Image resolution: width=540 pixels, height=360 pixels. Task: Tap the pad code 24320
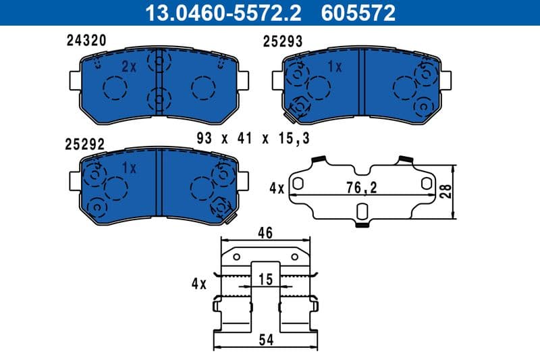(86, 41)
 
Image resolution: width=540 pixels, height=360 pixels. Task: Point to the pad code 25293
(282, 42)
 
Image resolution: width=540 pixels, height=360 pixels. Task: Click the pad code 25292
(85, 144)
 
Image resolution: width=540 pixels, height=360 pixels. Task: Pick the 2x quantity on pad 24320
(129, 66)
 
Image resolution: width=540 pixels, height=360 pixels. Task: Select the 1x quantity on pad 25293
(334, 66)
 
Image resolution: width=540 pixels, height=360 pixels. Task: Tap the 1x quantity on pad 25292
(129, 168)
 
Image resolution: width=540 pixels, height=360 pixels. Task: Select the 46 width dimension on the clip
(265, 234)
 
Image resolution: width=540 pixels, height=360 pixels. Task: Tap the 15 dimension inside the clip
(267, 278)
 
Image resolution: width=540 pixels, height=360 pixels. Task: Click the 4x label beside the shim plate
(276, 188)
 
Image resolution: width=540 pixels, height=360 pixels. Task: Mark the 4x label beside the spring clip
(198, 284)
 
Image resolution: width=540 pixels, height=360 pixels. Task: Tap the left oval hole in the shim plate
(297, 183)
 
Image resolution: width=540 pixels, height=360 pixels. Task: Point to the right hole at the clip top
(294, 257)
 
